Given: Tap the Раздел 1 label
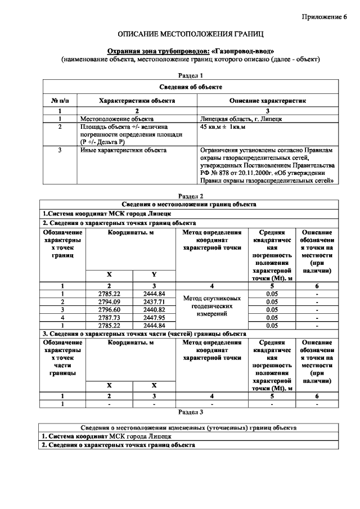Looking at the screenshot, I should pos(190,75).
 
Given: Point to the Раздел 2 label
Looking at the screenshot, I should pos(190,196).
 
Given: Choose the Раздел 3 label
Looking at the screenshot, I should pos(190,411).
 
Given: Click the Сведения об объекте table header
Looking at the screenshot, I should pos(190,87).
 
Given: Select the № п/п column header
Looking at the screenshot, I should pos(60,101).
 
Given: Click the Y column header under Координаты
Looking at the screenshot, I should pos(154,274).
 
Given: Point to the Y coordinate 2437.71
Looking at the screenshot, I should pos(154,301).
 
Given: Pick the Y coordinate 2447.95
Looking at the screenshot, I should pos(154,317).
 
